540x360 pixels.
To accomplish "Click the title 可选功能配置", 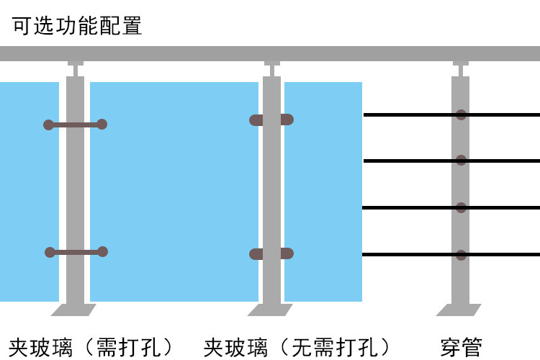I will [76, 26].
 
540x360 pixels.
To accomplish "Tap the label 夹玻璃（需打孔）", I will [91, 346].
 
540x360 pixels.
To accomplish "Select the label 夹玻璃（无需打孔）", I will [297, 346].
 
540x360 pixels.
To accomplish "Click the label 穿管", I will [461, 346].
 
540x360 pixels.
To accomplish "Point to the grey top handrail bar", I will [270, 54].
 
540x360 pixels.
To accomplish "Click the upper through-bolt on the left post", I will [76, 125].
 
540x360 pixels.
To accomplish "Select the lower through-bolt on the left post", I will [76, 252].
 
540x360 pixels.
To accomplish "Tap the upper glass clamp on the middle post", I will [271, 120].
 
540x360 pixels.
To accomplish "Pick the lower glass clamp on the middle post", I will [271, 253].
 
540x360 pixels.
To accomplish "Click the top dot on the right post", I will [462, 114].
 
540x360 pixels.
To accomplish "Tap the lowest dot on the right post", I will [462, 254].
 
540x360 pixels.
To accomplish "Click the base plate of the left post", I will [74, 310].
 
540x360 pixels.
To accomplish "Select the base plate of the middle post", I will [271, 310].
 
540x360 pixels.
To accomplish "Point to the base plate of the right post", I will [460, 310].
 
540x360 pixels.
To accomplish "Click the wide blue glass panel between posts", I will [174, 192].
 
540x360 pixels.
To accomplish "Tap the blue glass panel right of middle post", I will [323, 192].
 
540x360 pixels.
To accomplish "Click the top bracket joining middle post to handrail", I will [271, 68].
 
